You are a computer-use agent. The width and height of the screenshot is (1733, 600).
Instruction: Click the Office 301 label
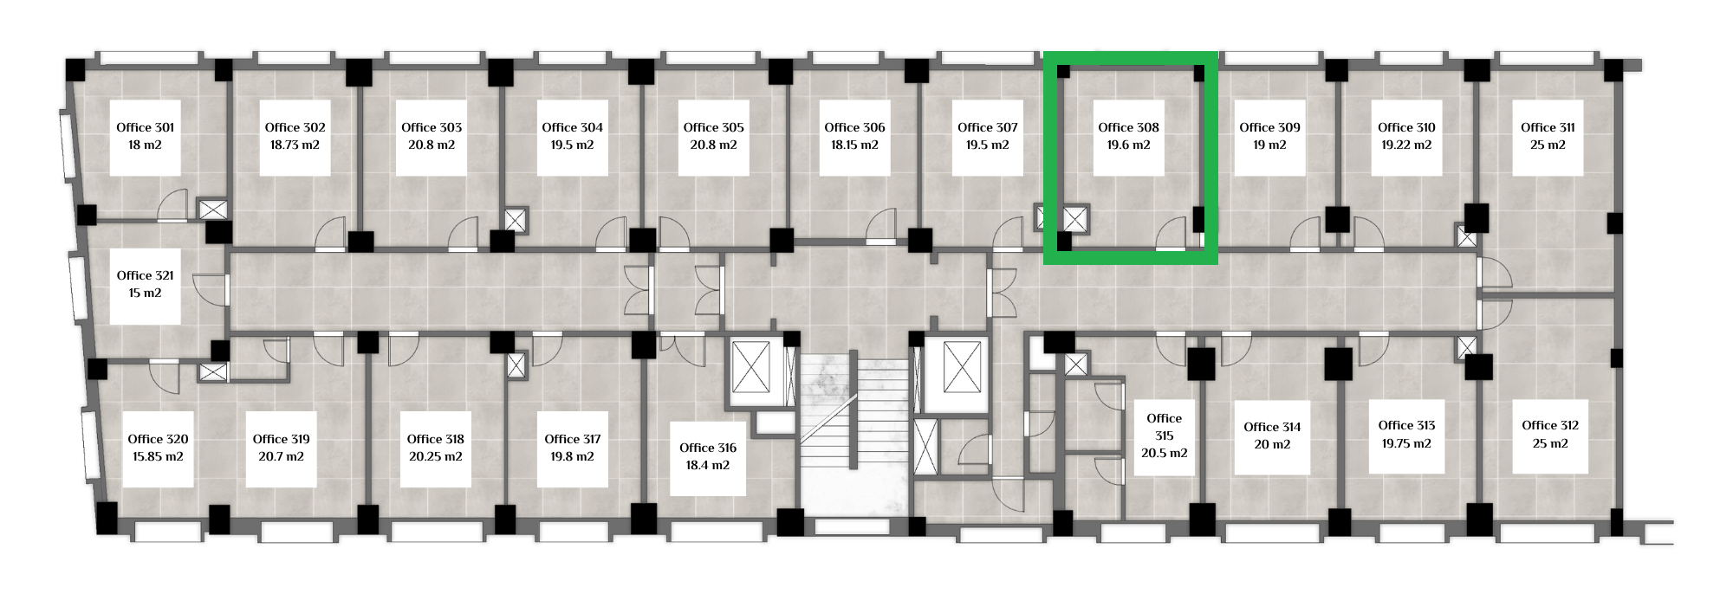[146, 127]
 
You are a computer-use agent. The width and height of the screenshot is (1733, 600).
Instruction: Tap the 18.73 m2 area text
[295, 145]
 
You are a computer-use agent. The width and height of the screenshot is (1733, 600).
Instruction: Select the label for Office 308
[1128, 127]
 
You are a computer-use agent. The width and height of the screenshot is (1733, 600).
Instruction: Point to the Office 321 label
[146, 275]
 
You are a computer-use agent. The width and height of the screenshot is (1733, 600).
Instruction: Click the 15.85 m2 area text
[158, 457]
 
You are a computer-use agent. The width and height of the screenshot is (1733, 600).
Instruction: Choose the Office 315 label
[1164, 427]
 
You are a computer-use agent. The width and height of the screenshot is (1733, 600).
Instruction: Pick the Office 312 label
[1550, 425]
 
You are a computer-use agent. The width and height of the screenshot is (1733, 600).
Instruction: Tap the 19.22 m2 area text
[1406, 145]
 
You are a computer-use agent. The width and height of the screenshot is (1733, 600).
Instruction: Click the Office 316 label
[708, 448]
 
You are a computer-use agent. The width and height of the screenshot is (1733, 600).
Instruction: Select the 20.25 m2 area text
[436, 457]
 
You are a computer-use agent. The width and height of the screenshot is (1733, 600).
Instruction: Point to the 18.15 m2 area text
[854, 145]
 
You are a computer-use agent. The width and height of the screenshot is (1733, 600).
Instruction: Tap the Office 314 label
[1272, 427]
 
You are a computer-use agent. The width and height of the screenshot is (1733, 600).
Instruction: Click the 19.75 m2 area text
[1406, 443]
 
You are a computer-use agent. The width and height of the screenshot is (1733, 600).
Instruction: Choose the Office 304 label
[572, 127]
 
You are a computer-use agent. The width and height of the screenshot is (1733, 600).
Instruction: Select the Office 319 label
[282, 439]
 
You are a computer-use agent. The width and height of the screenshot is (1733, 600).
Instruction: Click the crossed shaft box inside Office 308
[1075, 220]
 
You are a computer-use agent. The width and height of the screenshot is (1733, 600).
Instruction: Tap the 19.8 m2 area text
[573, 457]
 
